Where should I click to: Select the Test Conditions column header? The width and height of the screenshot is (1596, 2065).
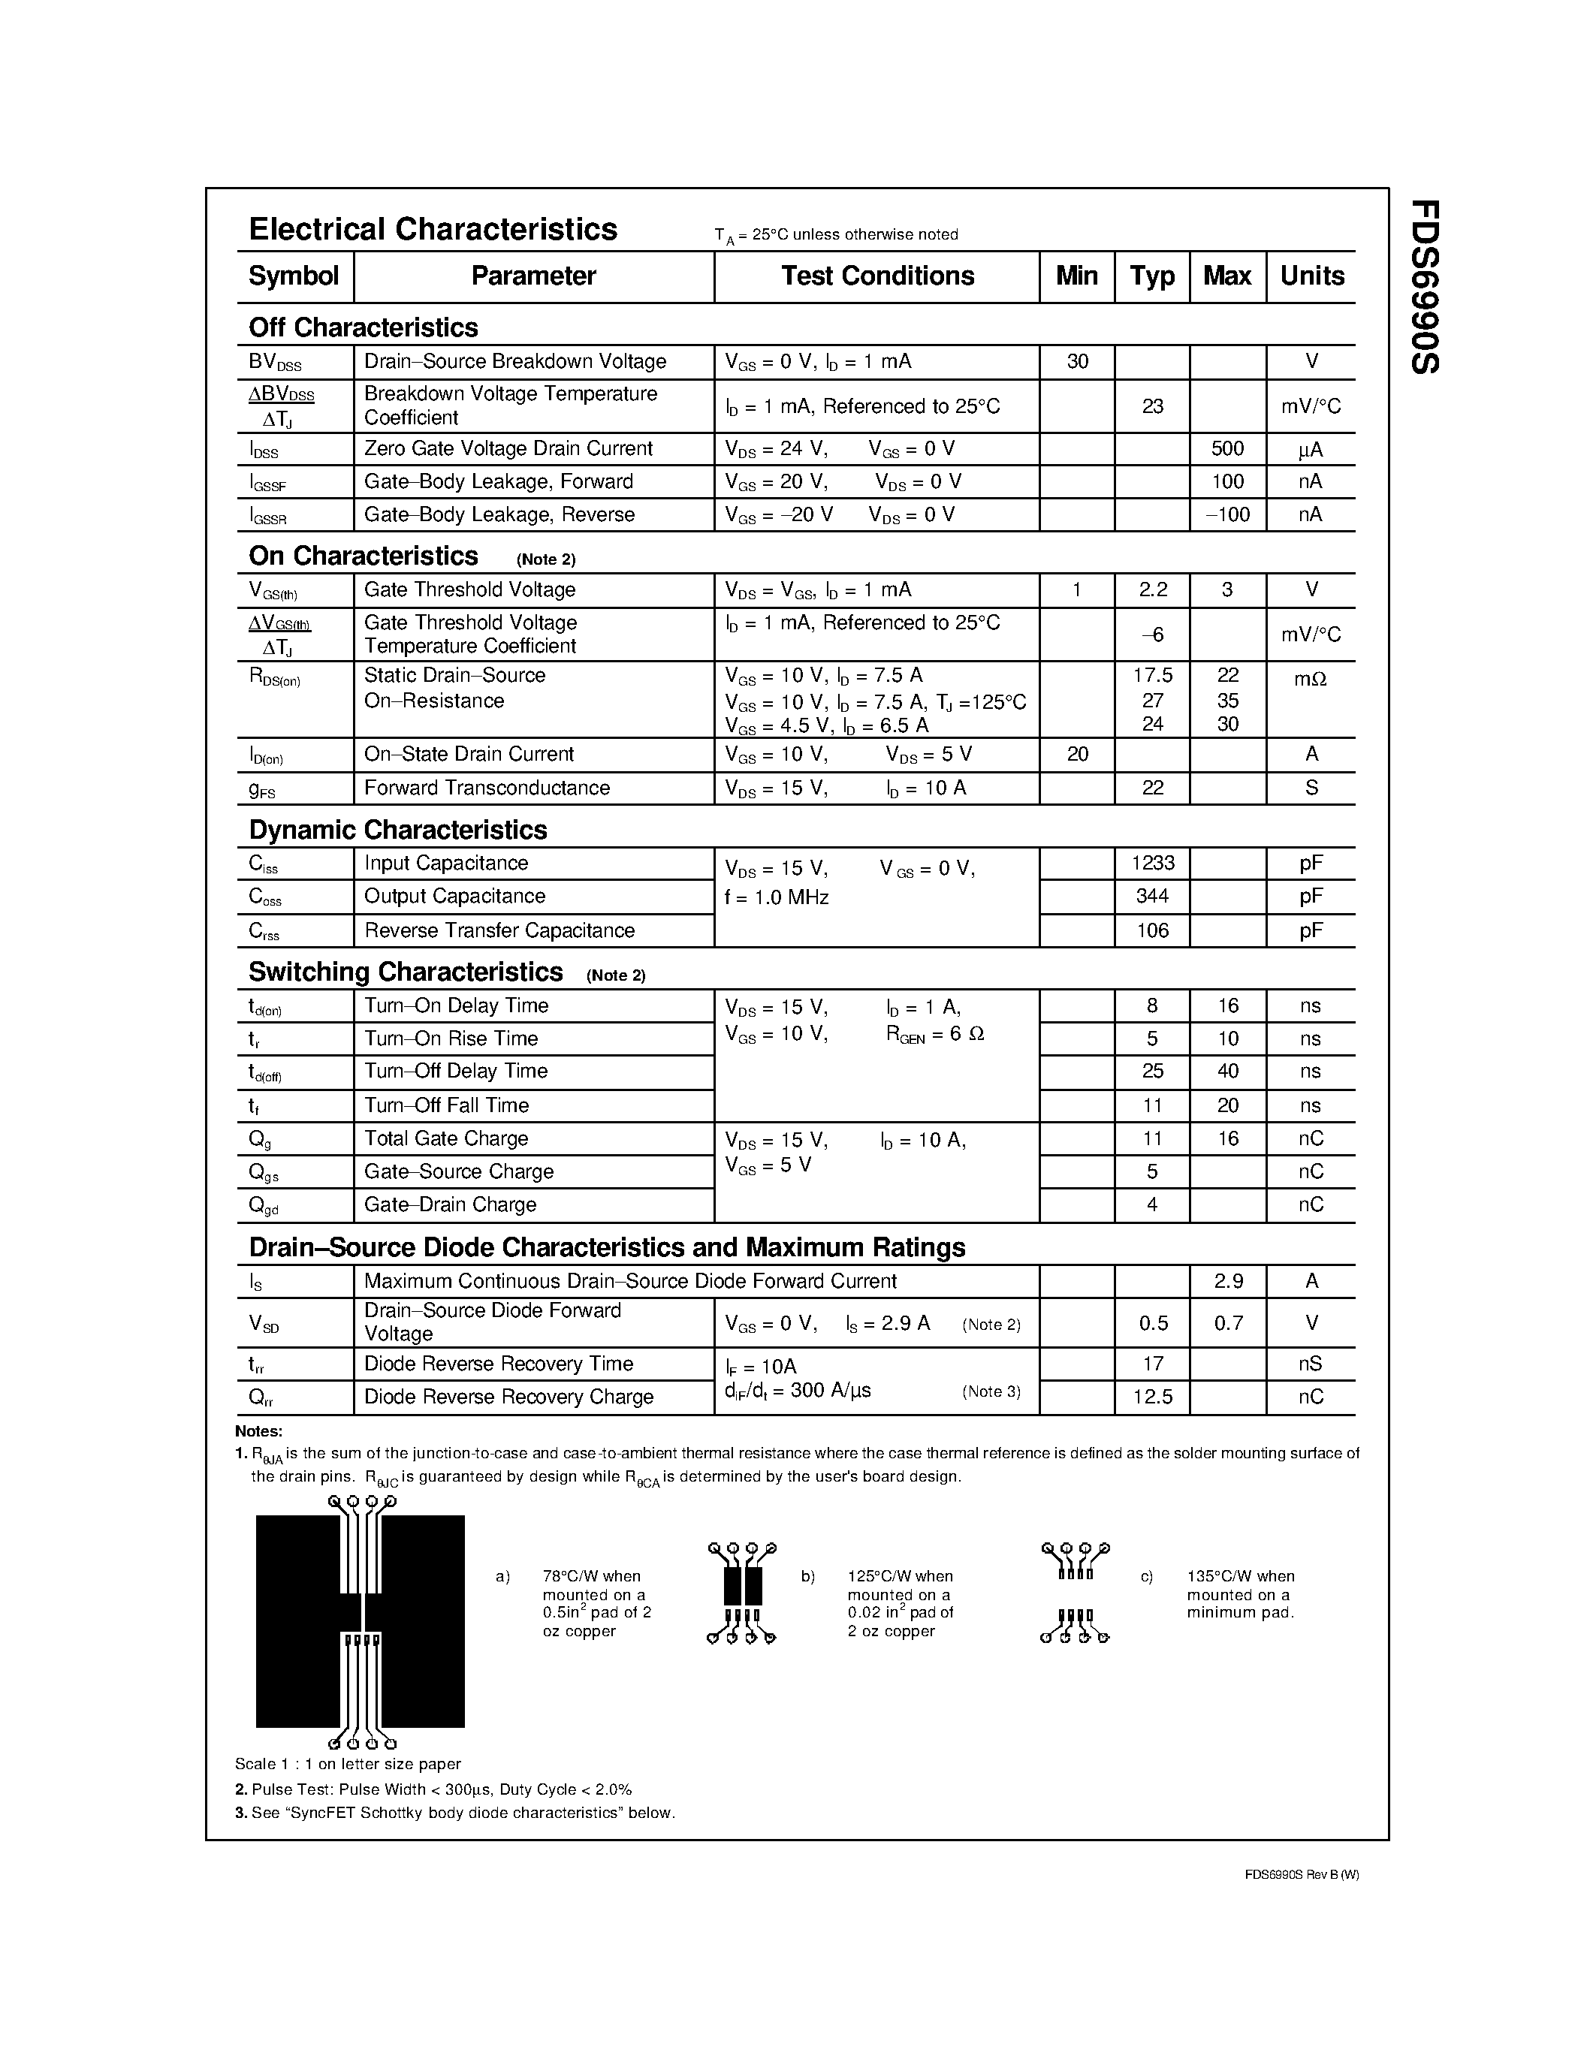point(876,276)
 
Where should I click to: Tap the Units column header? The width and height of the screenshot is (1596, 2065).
point(1311,276)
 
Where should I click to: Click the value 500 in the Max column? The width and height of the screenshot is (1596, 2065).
point(1227,448)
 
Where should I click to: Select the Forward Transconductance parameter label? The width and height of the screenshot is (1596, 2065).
point(487,788)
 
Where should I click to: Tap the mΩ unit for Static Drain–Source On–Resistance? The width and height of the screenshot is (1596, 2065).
point(1311,677)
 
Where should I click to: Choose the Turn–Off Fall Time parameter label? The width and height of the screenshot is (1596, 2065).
point(446,1105)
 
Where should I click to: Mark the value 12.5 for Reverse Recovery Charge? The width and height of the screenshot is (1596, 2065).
point(1153,1397)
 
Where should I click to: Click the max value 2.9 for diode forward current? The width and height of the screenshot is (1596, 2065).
point(1228,1281)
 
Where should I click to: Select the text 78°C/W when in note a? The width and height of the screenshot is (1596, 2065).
point(591,1576)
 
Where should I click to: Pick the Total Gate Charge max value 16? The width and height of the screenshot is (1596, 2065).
point(1227,1138)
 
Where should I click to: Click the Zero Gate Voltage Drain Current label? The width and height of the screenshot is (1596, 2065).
point(508,448)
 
